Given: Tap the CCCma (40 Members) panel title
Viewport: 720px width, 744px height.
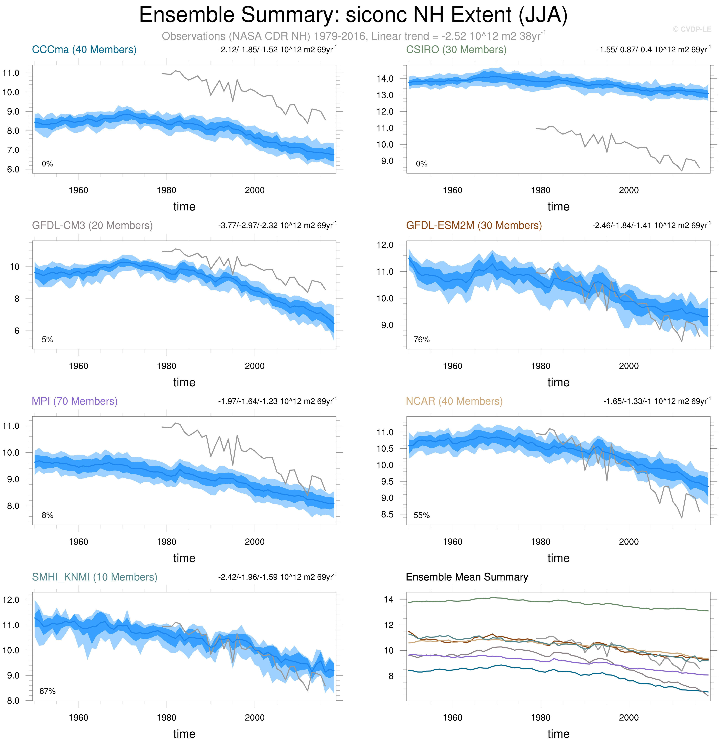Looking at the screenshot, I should click(84, 50).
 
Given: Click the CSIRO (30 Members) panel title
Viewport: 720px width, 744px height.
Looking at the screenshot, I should click(456, 50).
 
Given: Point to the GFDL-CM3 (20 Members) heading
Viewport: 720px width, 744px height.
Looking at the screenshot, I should click(92, 225).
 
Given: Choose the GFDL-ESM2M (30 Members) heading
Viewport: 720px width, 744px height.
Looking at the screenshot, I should click(474, 225).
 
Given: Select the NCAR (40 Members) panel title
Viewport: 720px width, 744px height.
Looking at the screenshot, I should click(454, 401).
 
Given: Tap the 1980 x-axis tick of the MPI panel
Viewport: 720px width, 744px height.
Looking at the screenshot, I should click(166, 542).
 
